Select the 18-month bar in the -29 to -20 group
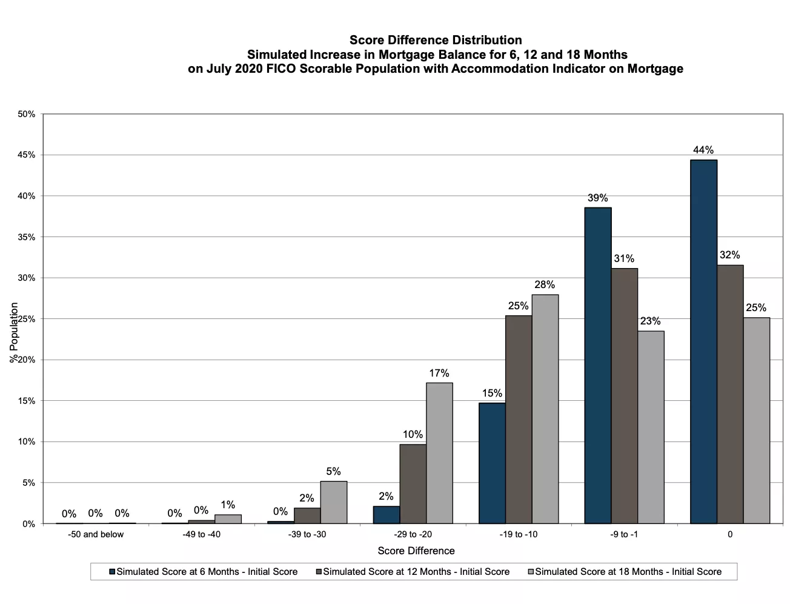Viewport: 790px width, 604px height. [439, 453]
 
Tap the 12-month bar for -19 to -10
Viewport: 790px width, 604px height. [519, 419]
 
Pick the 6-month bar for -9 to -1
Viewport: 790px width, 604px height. [598, 365]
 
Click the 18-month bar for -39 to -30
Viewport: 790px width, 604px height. [334, 502]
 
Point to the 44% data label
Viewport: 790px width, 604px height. [703, 150]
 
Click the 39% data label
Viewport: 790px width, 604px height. [597, 198]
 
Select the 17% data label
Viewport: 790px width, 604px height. [439, 373]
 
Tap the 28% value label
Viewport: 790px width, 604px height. [545, 284]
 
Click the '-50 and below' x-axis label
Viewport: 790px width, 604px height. [96, 534]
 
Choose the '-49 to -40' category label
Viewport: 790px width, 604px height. [202, 534]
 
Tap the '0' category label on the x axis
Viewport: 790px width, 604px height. [730, 534]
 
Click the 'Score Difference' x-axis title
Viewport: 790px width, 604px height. [416, 551]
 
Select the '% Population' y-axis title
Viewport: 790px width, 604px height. [14, 332]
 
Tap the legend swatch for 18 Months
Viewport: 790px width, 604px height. [531, 572]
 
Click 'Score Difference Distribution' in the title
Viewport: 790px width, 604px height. [436, 40]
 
